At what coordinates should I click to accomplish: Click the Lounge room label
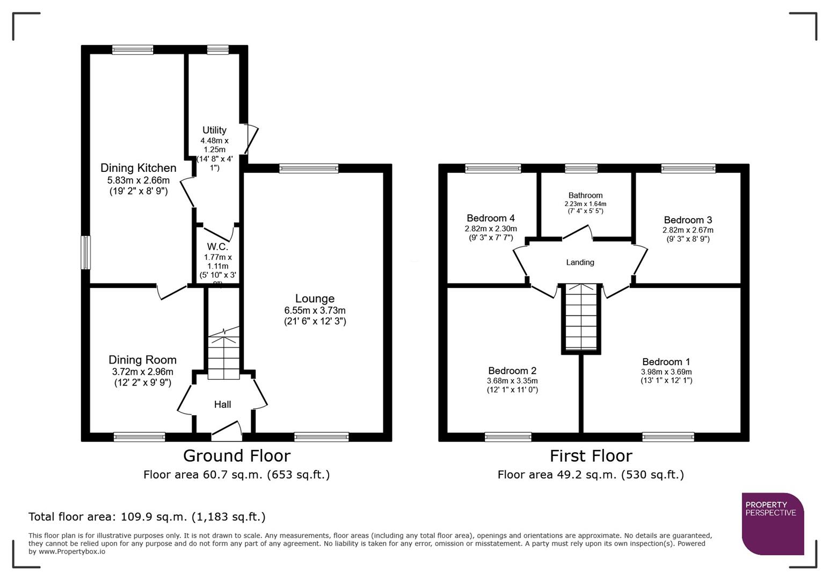click(x=315, y=299)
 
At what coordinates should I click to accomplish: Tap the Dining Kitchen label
click(x=138, y=168)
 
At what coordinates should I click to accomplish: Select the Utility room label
click(x=214, y=130)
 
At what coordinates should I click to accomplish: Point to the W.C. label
click(x=217, y=247)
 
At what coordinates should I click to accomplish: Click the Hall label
click(x=222, y=404)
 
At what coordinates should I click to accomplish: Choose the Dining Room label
click(x=142, y=360)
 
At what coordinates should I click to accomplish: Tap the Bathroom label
click(x=585, y=195)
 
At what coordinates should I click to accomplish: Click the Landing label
click(x=580, y=263)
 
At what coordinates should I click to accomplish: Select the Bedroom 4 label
click(x=490, y=218)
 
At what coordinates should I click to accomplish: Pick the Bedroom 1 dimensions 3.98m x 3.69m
click(x=666, y=372)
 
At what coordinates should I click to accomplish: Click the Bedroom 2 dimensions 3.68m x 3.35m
click(x=512, y=381)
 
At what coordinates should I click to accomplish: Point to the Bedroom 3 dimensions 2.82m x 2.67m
click(x=687, y=230)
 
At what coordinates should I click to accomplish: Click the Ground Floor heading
click(x=236, y=456)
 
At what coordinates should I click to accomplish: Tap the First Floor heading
click(x=591, y=456)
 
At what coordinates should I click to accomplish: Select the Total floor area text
click(x=147, y=517)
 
